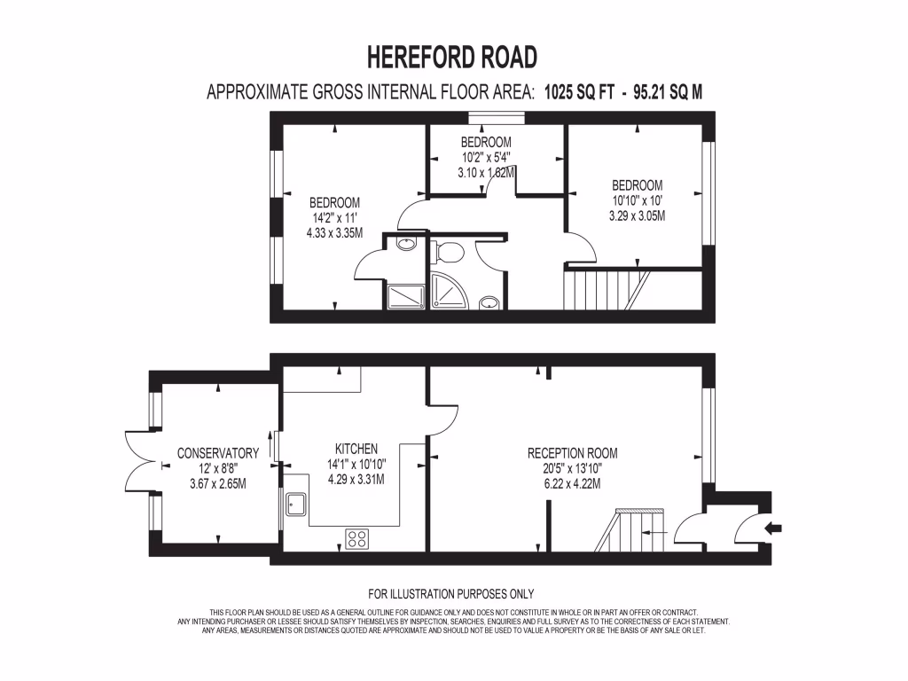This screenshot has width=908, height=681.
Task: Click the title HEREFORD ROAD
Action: [x=452, y=58]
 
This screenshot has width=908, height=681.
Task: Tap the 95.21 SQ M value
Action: [x=668, y=92]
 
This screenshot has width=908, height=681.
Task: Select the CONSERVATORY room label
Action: [x=217, y=453]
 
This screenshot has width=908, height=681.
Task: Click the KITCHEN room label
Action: [x=356, y=449]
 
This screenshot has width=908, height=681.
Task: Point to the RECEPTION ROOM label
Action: [x=572, y=453]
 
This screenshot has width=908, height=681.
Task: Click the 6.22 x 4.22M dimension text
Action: [x=572, y=484]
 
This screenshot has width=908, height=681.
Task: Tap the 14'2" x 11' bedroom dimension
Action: [x=334, y=217]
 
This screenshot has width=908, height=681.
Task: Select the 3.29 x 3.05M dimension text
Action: [x=637, y=215]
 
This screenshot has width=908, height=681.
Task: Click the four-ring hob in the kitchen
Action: [x=357, y=538]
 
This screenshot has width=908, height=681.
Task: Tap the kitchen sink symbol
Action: [x=295, y=505]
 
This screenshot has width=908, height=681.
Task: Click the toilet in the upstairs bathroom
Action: [x=449, y=253]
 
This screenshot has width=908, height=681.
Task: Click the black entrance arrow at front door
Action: [x=773, y=529]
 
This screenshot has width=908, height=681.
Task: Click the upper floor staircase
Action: [x=603, y=288]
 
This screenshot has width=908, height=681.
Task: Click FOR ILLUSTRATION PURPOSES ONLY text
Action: [x=451, y=594]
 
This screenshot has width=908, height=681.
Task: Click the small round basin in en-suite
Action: [x=406, y=244]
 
